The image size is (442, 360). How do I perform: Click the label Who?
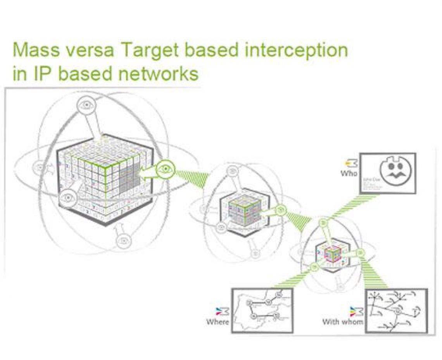pyautogui.click(x=349, y=173)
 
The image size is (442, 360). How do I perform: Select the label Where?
pyautogui.click(x=218, y=322)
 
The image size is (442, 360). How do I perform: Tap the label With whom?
pyautogui.click(x=343, y=322)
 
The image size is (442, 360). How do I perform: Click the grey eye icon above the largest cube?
pyautogui.click(x=87, y=104)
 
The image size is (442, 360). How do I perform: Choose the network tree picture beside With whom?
pyautogui.click(x=396, y=311)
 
